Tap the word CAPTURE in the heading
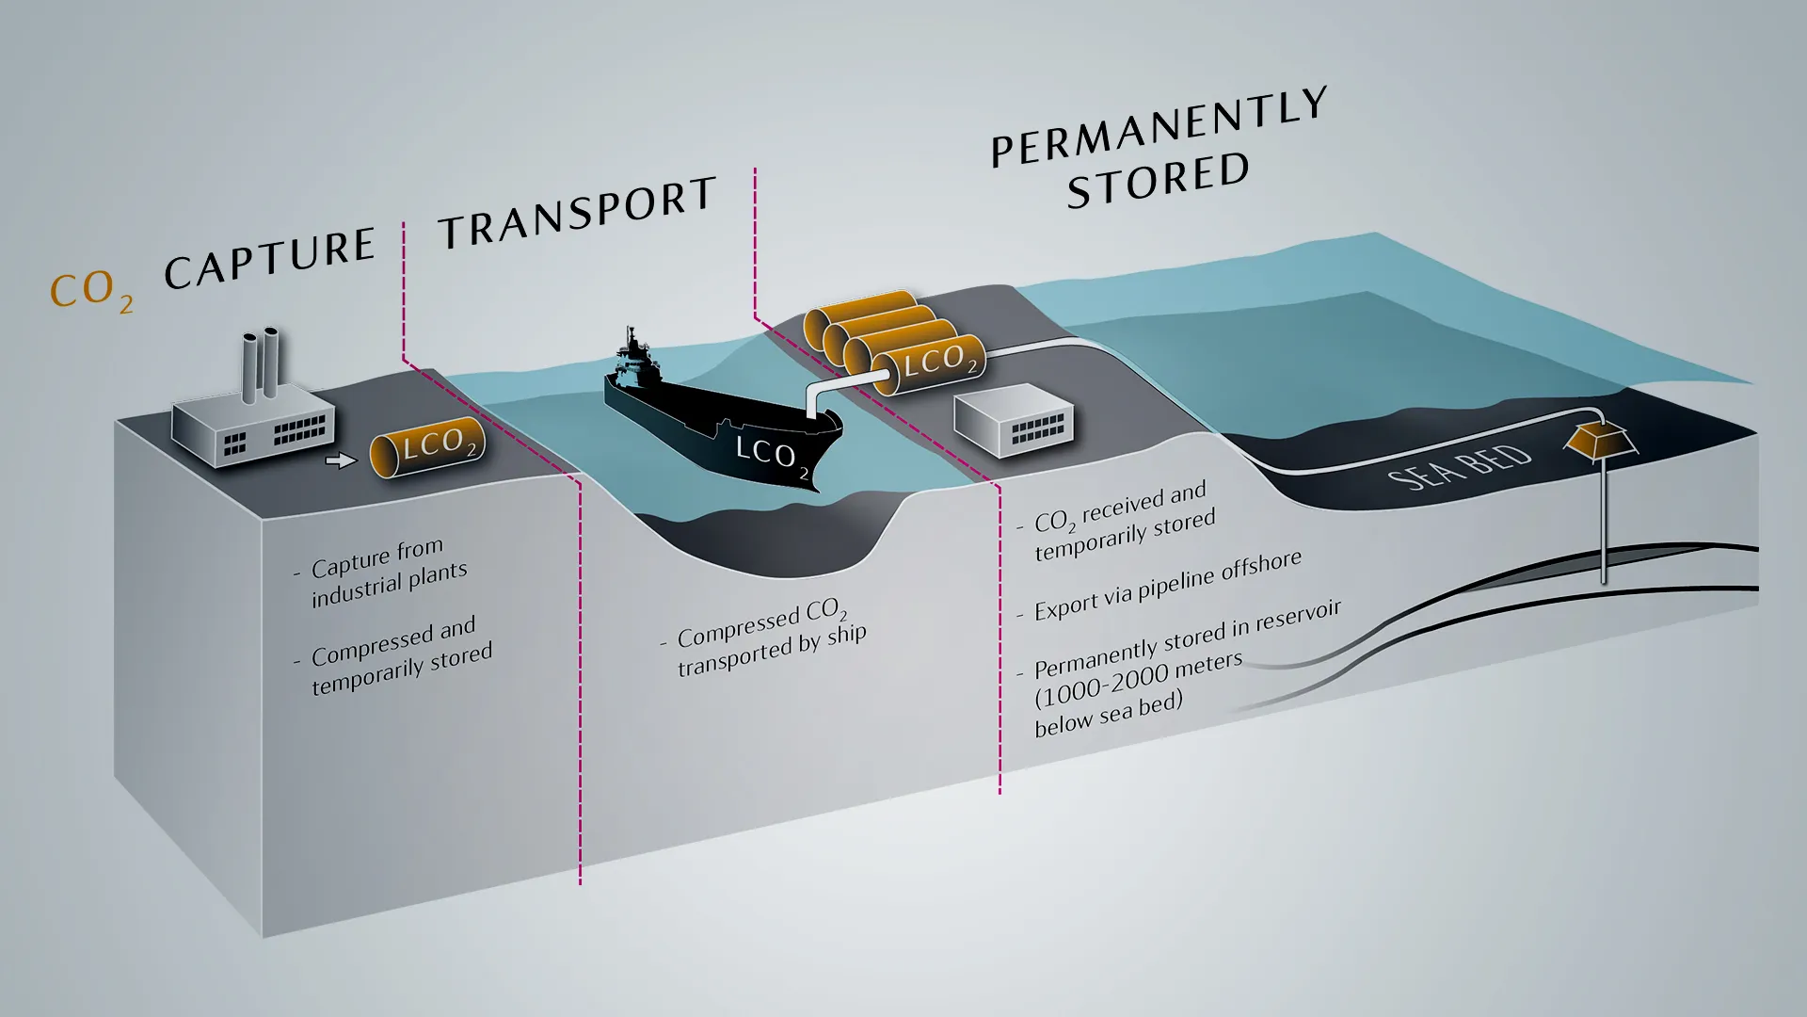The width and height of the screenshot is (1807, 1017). pyautogui.click(x=270, y=257)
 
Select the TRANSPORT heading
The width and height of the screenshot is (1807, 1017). pyautogui.click(x=577, y=213)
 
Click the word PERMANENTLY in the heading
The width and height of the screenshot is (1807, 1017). pyautogui.click(x=1159, y=128)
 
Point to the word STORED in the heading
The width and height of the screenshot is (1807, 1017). pyautogui.click(x=1159, y=179)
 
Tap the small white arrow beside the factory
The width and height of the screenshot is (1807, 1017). pyautogui.click(x=340, y=460)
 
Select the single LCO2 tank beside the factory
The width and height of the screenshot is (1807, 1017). pyautogui.click(x=427, y=446)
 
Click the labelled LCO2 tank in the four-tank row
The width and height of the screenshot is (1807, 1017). pyautogui.click(x=928, y=363)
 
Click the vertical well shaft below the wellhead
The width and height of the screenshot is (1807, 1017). pyautogui.click(x=1604, y=524)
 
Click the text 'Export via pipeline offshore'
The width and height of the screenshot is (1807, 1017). pyautogui.click(x=1167, y=585)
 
